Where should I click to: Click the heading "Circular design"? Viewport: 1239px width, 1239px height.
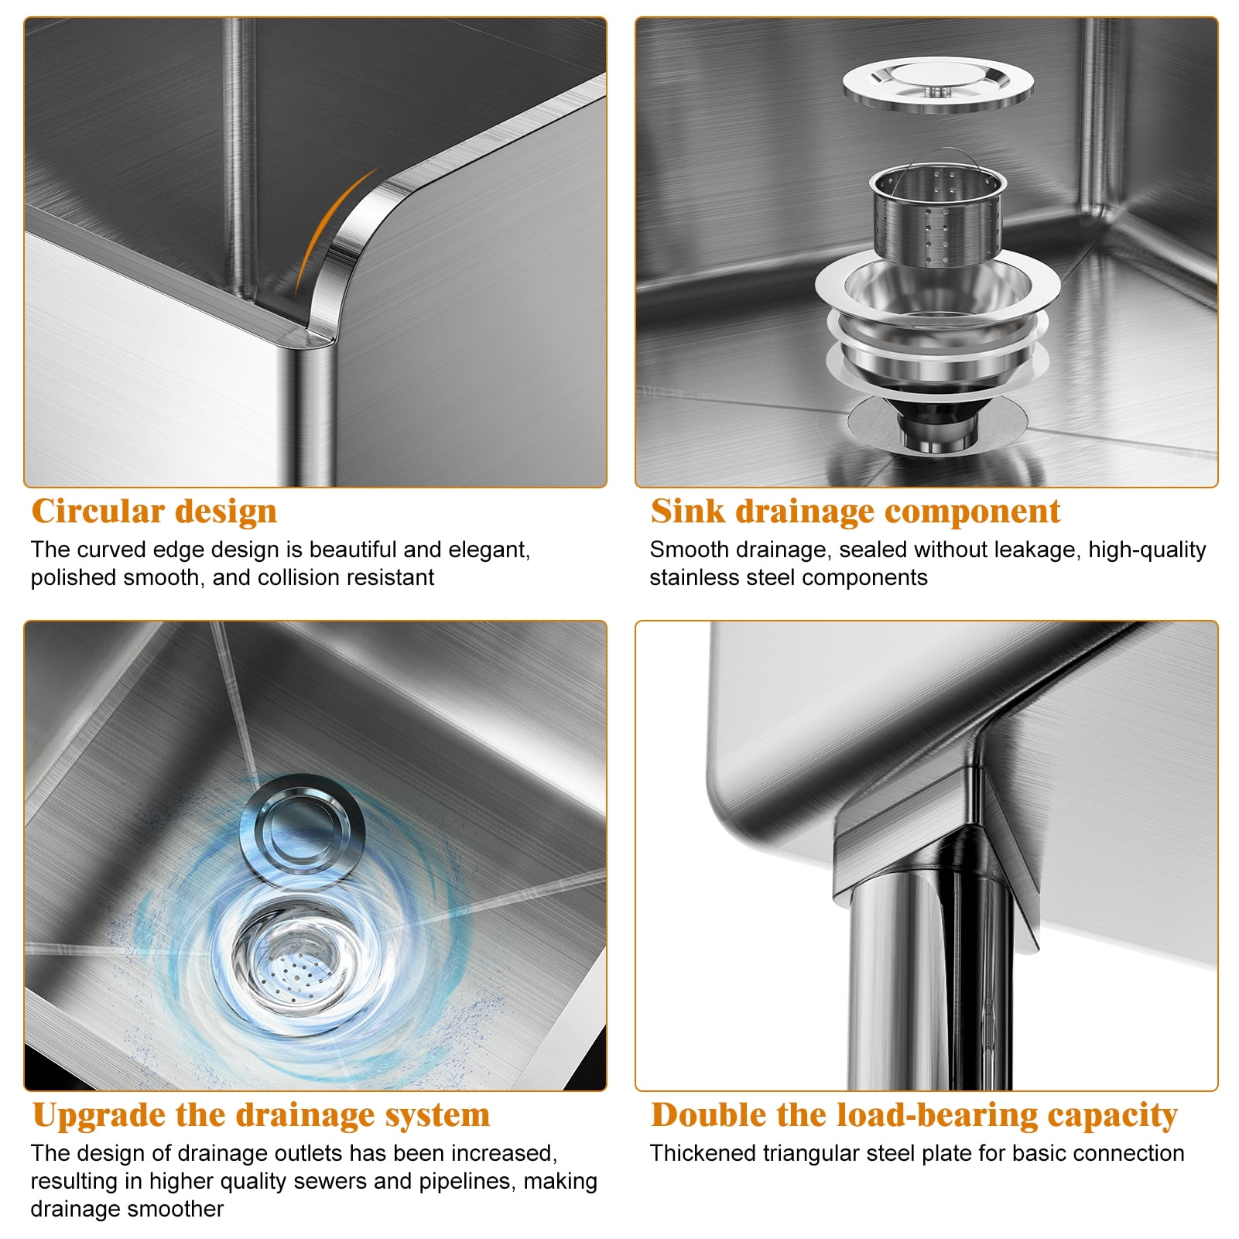pyautogui.click(x=154, y=512)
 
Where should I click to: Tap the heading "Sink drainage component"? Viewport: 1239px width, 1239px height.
pyautogui.click(x=855, y=512)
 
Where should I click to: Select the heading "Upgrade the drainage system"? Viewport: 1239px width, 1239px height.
pyautogui.click(x=262, y=1116)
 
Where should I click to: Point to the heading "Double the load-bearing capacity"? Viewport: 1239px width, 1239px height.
pyautogui.click(x=914, y=1116)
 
